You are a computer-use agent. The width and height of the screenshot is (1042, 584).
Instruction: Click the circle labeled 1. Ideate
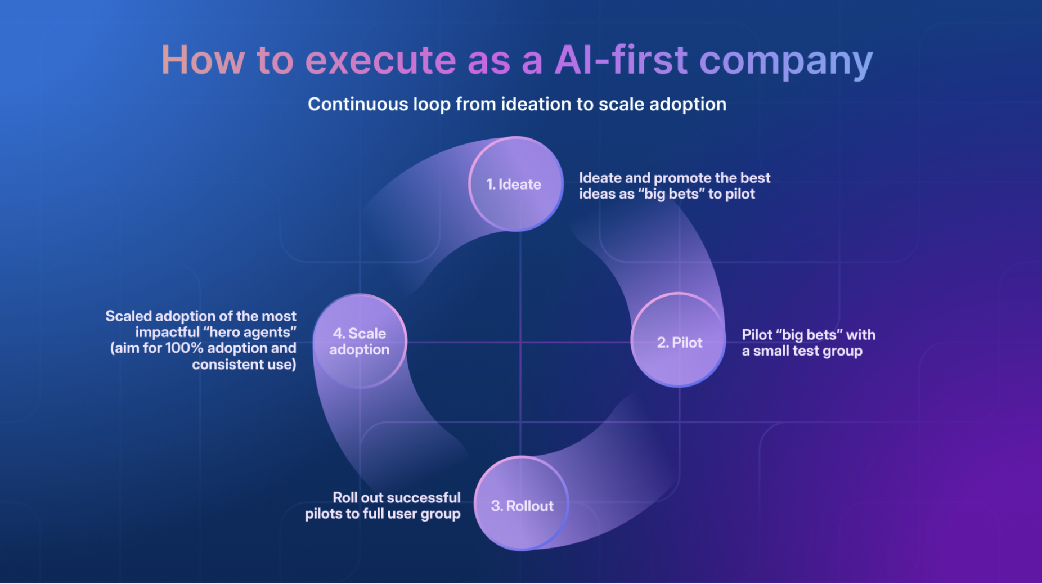pyautogui.click(x=516, y=184)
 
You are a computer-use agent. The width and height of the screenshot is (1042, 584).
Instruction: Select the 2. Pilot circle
pyautogui.click(x=678, y=340)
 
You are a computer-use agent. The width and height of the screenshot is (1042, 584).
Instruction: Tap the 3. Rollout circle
pyautogui.click(x=522, y=504)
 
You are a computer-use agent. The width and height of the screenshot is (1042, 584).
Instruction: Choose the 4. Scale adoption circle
pyautogui.click(x=360, y=341)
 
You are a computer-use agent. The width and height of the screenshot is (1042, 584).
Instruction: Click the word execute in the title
pyautogui.click(x=380, y=59)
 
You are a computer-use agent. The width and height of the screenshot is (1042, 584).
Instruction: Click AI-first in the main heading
pyautogui.click(x=621, y=59)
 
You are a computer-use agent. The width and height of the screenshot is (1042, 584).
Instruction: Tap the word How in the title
pyautogui.click(x=203, y=59)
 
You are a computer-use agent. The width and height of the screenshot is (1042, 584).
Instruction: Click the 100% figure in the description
pyautogui.click(x=184, y=348)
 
